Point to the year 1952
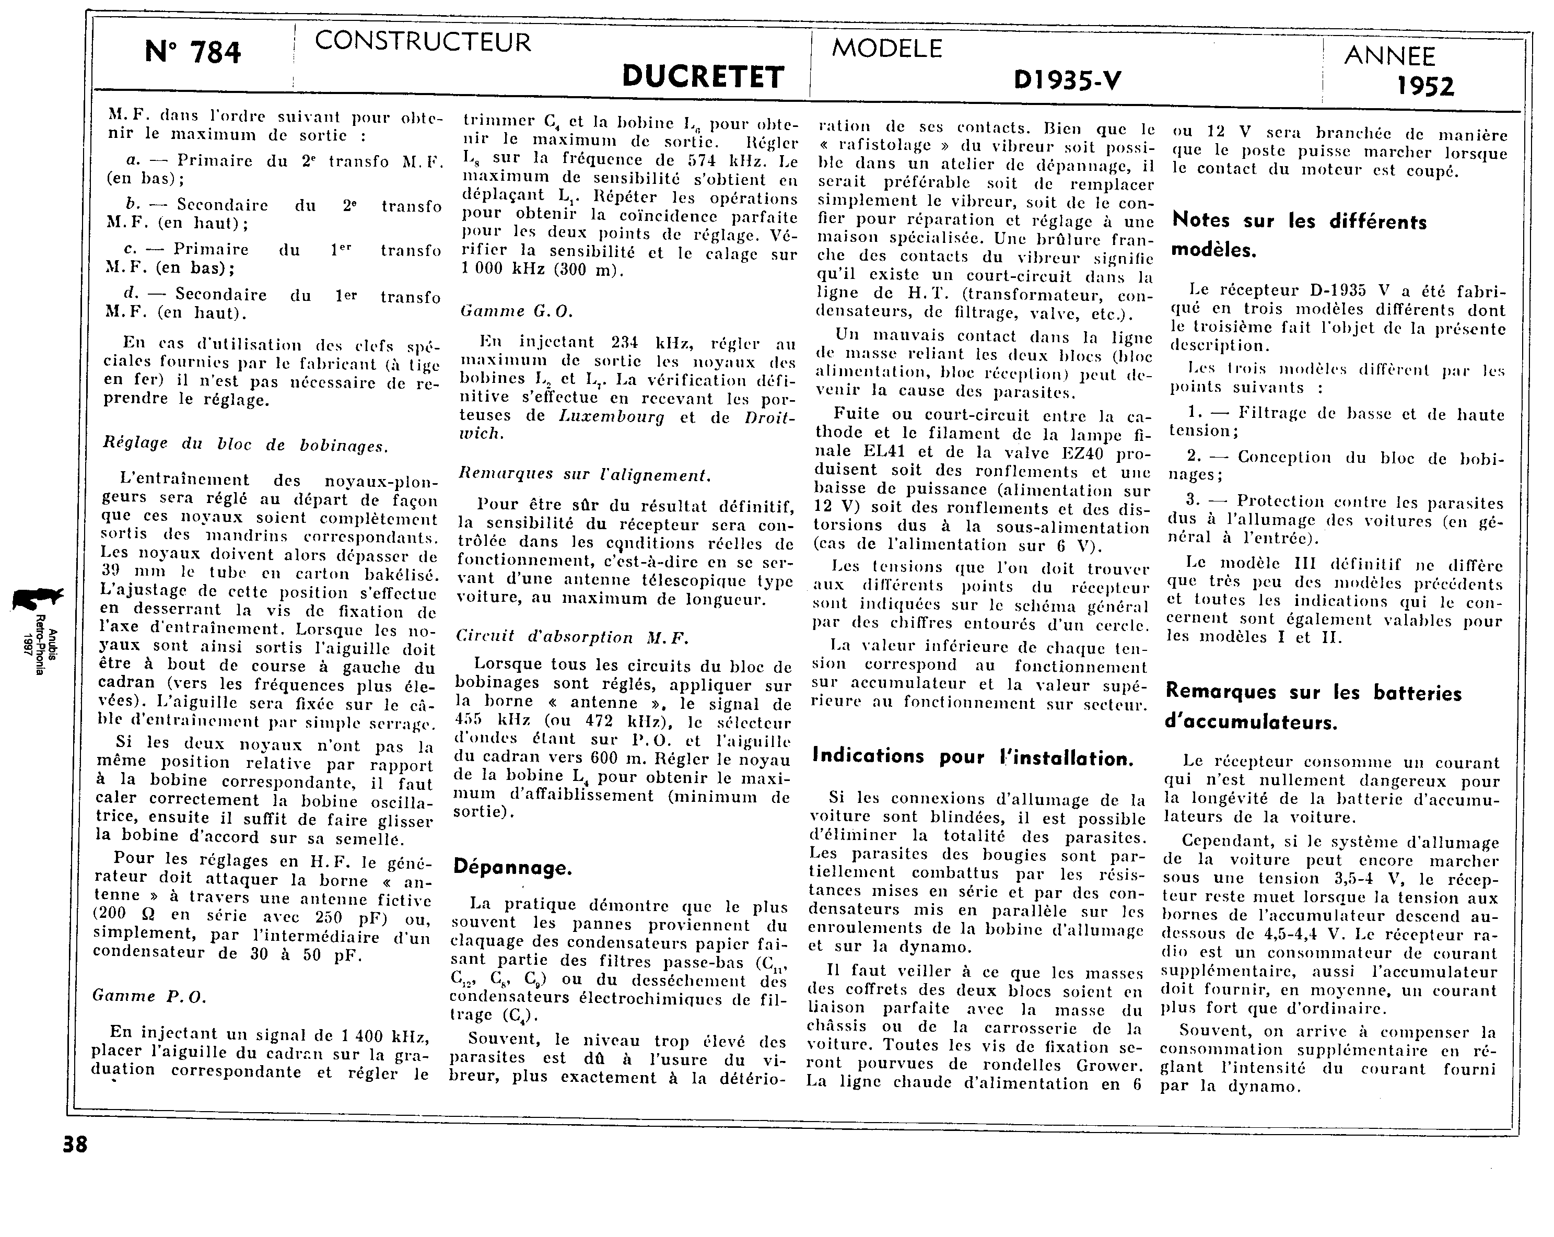1425,87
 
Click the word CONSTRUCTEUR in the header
423,42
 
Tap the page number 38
75,1145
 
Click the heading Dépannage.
512,867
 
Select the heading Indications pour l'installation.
972,756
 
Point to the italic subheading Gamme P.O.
149,996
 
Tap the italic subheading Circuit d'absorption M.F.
573,637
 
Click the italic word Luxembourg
611,417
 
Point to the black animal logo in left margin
36,598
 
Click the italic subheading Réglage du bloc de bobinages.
245,445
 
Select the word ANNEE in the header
1389,56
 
